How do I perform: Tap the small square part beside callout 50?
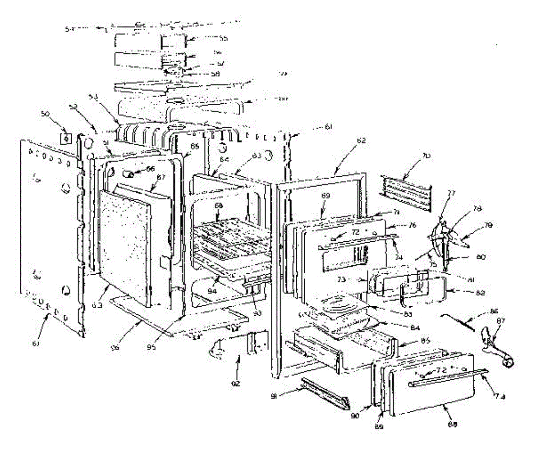[x=66, y=138]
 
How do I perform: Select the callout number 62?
[x=361, y=140]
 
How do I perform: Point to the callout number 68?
[x=219, y=206]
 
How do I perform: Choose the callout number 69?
[x=326, y=196]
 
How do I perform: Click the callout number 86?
[x=494, y=312]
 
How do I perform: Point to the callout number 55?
[x=223, y=39]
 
